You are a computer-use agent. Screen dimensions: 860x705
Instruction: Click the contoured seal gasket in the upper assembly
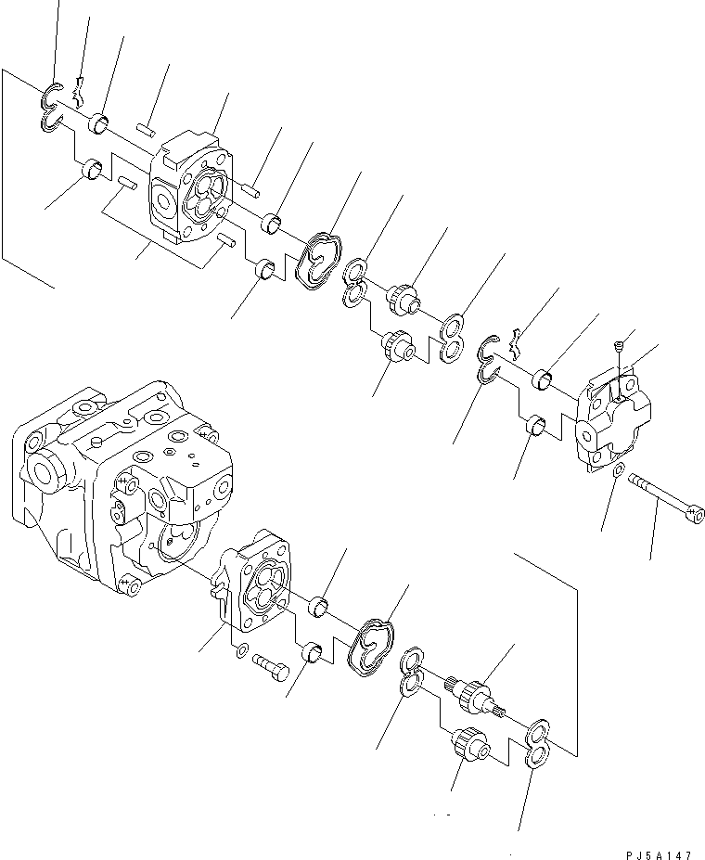pyautogui.click(x=318, y=260)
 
